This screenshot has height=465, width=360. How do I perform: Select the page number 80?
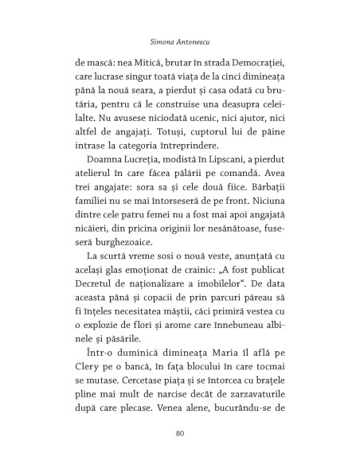click(179, 434)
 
